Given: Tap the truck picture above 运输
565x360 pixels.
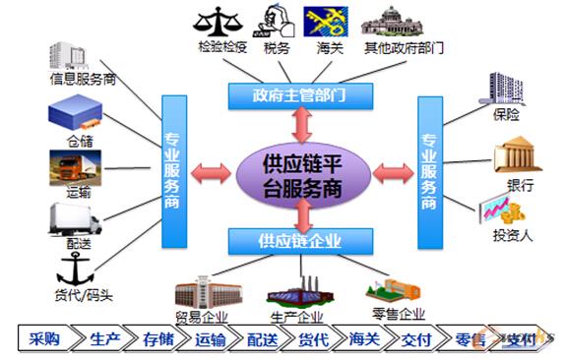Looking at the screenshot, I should click(74, 166).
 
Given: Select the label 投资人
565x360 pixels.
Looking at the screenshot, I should click(512, 236).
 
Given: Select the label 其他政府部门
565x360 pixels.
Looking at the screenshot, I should click(406, 47).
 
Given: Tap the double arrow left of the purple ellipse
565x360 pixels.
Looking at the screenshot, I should click(211, 175).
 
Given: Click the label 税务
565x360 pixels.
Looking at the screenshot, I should click(277, 47).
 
